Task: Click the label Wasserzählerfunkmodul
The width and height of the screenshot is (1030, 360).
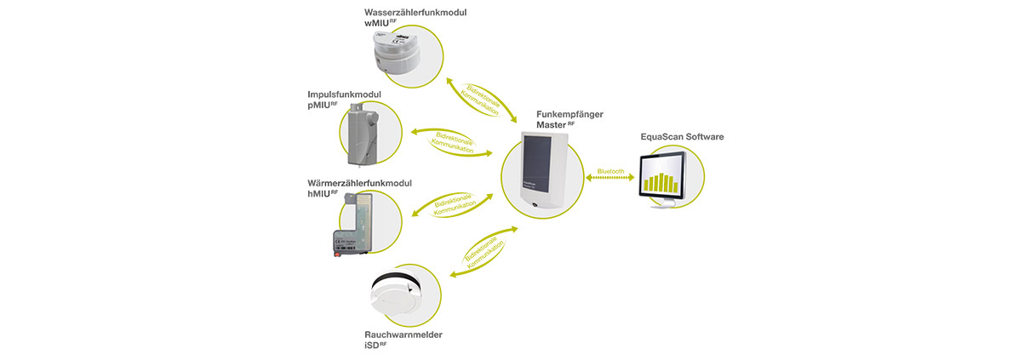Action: click(x=415, y=13)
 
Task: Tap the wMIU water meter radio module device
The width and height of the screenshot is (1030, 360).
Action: click(x=396, y=51)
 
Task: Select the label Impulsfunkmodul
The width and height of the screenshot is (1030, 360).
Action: click(x=345, y=94)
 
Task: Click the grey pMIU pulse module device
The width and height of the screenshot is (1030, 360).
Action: click(x=363, y=134)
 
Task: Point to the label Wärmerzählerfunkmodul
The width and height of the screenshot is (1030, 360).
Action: click(x=359, y=183)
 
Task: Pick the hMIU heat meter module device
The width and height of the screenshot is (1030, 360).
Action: click(x=352, y=225)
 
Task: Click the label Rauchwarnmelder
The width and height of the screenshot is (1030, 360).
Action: click(x=403, y=334)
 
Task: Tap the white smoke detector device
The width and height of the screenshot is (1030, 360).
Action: click(x=396, y=297)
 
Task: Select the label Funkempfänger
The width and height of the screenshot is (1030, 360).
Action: click(x=569, y=114)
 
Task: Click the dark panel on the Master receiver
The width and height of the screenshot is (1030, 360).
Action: click(x=537, y=163)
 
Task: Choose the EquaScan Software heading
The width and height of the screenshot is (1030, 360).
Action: click(x=682, y=136)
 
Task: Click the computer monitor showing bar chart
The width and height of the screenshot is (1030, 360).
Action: click(x=662, y=180)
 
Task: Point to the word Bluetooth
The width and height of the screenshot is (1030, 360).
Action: click(x=610, y=172)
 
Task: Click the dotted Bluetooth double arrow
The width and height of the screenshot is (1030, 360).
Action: click(x=610, y=178)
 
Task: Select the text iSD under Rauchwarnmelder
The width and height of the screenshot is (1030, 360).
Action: click(x=372, y=346)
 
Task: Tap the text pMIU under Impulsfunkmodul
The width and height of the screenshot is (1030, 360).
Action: click(x=318, y=106)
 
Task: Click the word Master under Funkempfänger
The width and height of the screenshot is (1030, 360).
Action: click(x=551, y=125)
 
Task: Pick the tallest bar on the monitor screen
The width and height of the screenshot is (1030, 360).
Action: click(x=662, y=182)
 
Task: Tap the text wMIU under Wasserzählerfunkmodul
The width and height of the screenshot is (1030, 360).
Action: click(x=376, y=24)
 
